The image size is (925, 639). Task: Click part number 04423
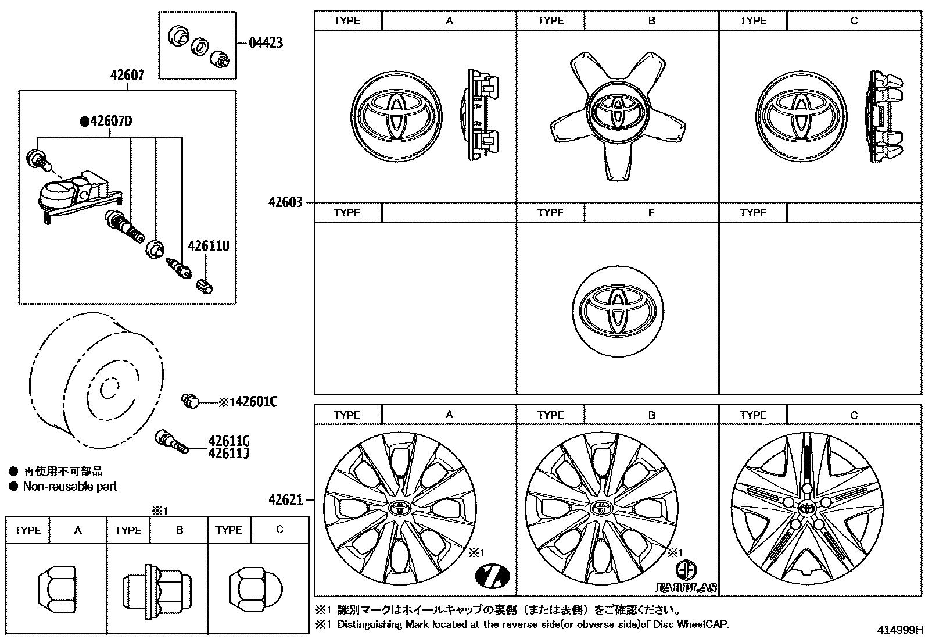point(266,43)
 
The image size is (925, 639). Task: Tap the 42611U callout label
point(208,247)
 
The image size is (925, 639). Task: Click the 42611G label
point(228,441)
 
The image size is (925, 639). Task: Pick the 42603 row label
point(285,202)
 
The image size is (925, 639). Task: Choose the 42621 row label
point(285,500)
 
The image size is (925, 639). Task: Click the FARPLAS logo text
point(686,588)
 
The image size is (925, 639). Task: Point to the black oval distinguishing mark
point(493,576)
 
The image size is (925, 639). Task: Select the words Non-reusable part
point(70,487)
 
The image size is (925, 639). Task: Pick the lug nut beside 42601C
point(190,400)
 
